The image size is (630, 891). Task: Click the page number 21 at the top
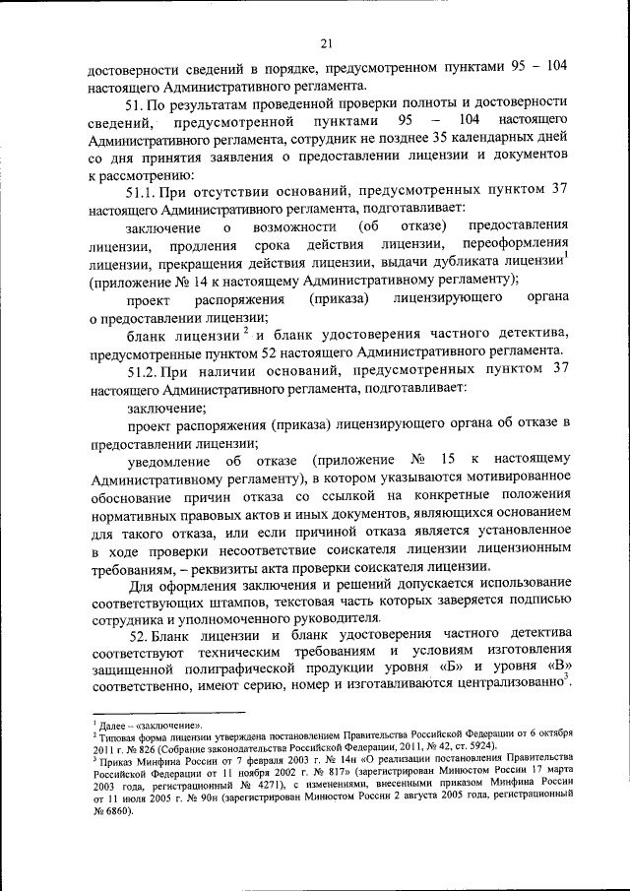[328, 41]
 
